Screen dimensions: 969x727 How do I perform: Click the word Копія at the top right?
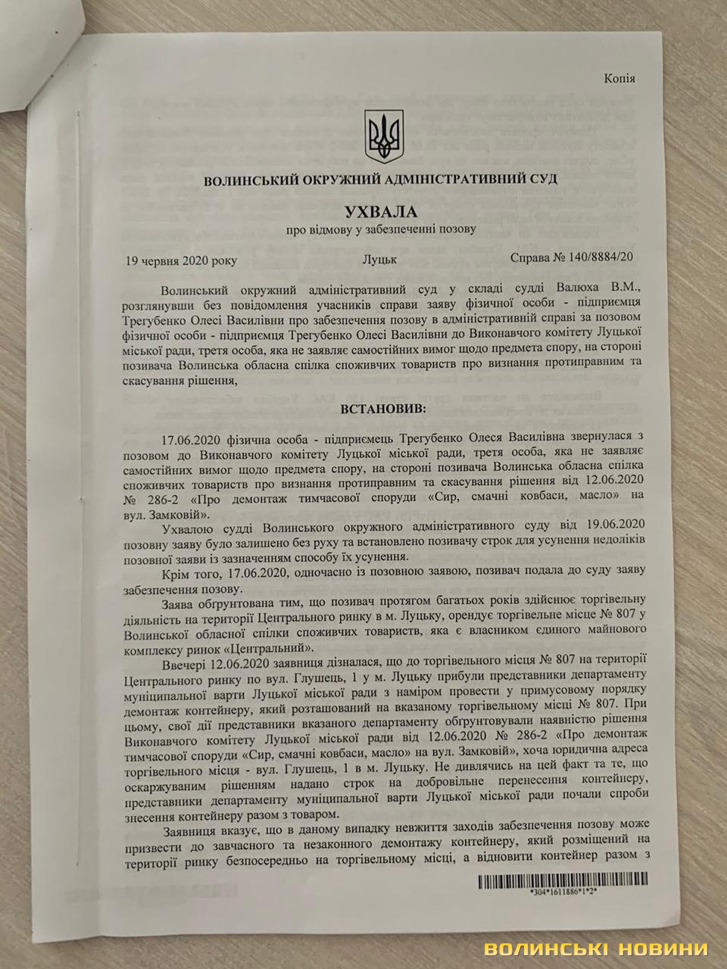(620, 79)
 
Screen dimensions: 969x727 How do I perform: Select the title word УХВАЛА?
(381, 209)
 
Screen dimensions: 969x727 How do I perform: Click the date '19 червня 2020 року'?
(181, 260)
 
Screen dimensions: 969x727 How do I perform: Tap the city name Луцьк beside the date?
(379, 260)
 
